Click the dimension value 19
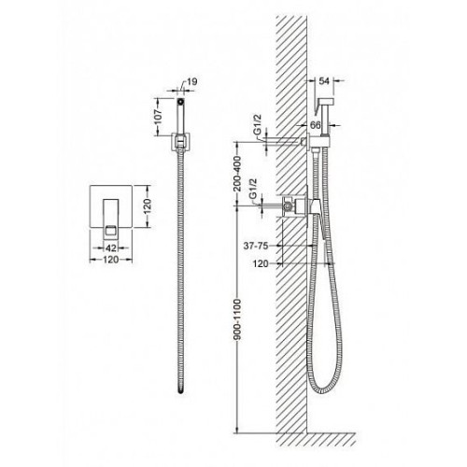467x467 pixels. [x=192, y=81]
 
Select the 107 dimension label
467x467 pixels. [x=159, y=117]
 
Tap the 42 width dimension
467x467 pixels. [x=111, y=248]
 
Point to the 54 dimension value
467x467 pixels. [x=324, y=81]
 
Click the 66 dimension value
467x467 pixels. [x=316, y=125]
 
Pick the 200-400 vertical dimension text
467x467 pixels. [x=238, y=174]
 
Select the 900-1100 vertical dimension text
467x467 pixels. [x=238, y=318]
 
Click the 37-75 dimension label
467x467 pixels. [x=256, y=246]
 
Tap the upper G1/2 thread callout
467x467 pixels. [x=258, y=125]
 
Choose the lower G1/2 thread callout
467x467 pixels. [x=253, y=189]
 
